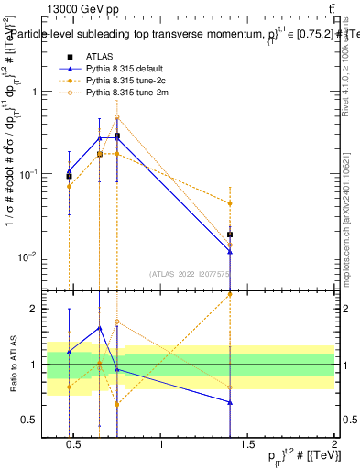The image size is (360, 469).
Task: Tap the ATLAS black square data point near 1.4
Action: [230, 234]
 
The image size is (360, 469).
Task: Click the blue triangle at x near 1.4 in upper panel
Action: [230, 251]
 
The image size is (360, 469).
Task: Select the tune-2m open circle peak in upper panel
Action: [117, 117]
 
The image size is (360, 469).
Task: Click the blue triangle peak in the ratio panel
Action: [100, 328]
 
